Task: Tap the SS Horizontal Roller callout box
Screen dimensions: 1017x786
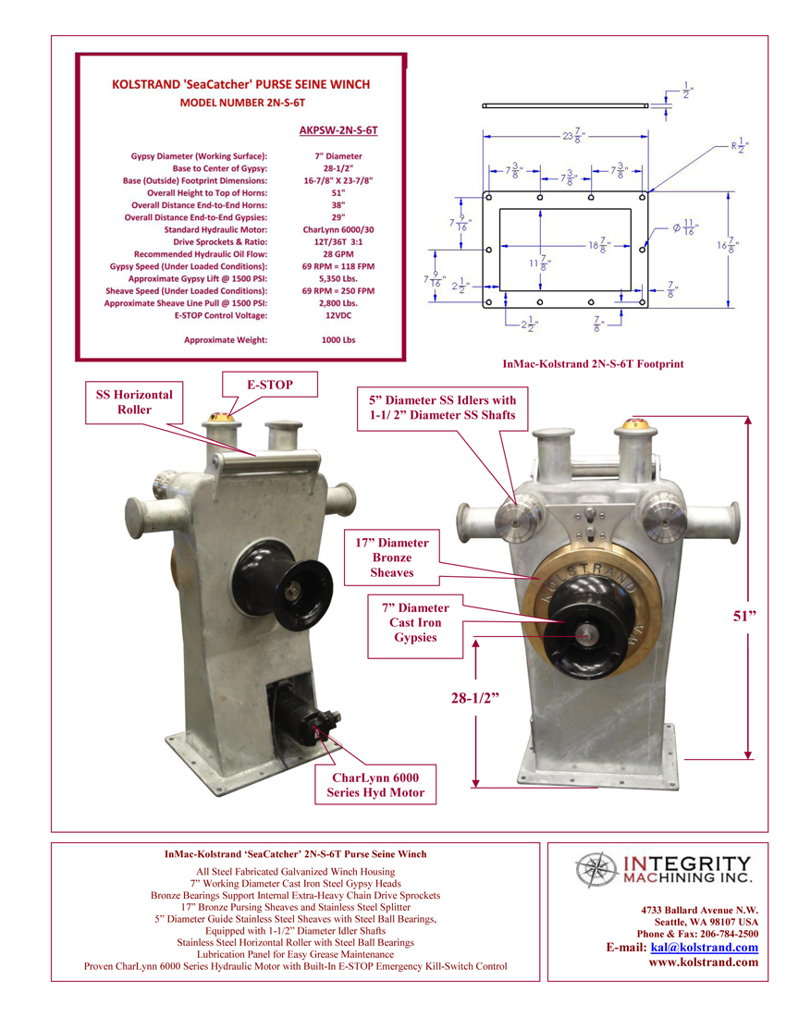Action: (x=135, y=402)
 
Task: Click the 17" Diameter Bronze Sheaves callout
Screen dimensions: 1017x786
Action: (x=391, y=558)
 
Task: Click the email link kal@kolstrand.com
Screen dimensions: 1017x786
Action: (x=705, y=948)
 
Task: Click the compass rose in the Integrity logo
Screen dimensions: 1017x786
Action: (x=596, y=870)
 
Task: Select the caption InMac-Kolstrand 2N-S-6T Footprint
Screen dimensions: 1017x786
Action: (x=593, y=364)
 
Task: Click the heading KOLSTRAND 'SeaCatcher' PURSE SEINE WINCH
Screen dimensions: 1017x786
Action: (x=240, y=84)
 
